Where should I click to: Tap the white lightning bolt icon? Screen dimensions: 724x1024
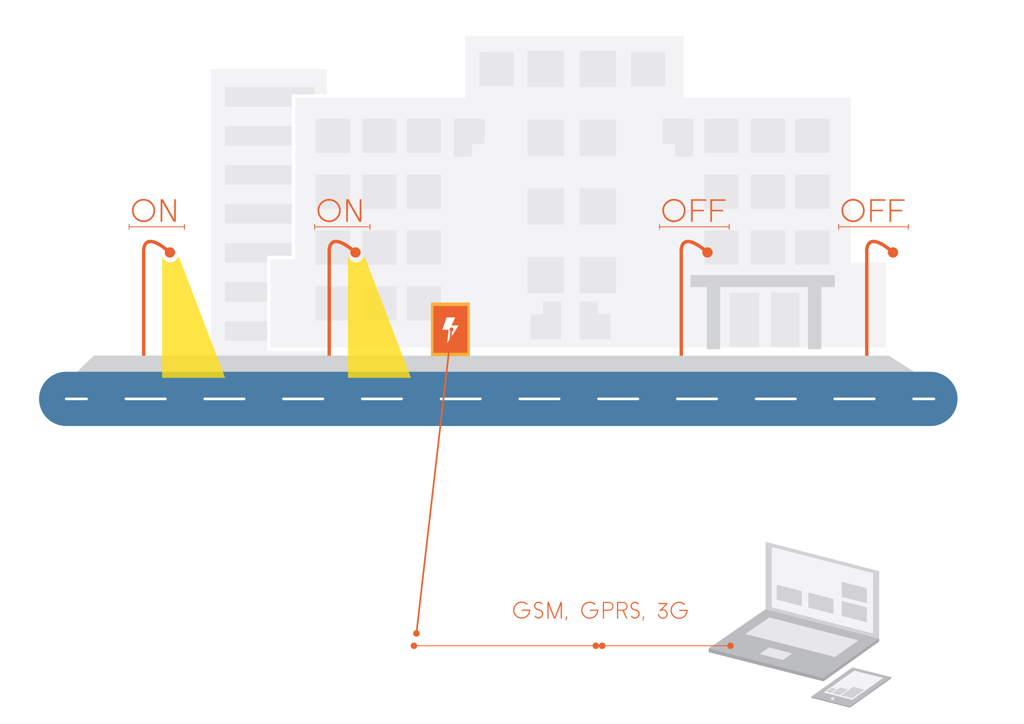450,329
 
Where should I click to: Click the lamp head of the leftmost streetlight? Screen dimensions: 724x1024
170,253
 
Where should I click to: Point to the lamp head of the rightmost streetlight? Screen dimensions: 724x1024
893,253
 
